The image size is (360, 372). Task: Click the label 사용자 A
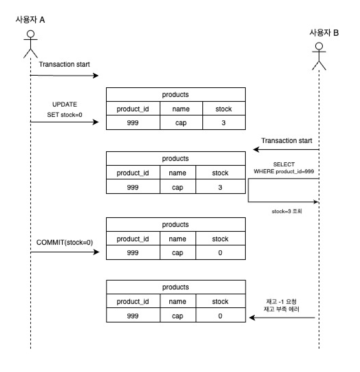pos(30,20)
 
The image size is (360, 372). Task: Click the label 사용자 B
pos(324,33)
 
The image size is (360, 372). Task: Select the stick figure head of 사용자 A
pos(31,34)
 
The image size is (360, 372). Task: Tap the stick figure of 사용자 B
pos(319,56)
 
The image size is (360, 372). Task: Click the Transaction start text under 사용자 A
pos(64,64)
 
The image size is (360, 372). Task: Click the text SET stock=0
pos(65,115)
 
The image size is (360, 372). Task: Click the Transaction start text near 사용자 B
pos(287,141)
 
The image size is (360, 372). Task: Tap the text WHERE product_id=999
pos(284,171)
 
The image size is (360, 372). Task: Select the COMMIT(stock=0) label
pos(65,242)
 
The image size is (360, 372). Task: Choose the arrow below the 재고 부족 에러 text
pos(282,318)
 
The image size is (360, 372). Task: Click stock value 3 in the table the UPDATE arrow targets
pos(224,122)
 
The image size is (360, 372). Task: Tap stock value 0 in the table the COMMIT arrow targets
pos(220,253)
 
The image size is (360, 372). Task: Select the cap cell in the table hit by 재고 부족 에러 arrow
pos(177,316)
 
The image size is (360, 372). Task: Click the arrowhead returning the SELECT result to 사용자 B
pos(315,202)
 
